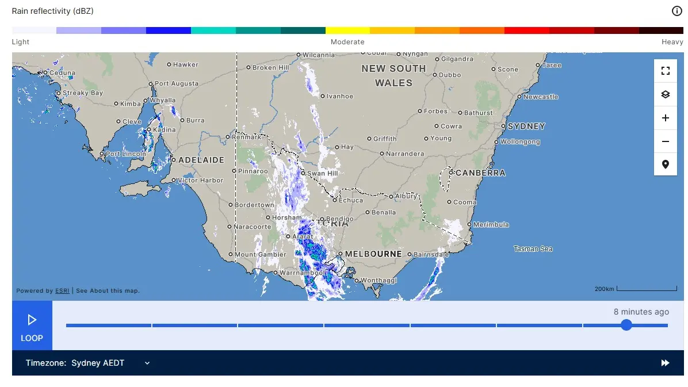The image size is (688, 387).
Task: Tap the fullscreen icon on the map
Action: point(666,71)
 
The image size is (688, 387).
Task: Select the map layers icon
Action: point(666,94)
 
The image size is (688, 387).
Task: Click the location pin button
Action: point(666,164)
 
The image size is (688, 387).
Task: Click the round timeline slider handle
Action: point(626,325)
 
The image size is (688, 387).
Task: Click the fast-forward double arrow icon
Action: point(665,363)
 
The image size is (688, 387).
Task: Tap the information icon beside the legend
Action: point(676,11)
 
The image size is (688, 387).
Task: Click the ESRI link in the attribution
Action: point(62,291)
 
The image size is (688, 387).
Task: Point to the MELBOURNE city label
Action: point(374,254)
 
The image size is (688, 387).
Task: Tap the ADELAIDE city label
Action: point(201,160)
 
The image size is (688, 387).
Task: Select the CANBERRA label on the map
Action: point(480,173)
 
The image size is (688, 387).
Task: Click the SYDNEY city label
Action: point(526,126)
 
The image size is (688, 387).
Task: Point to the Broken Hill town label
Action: point(270,68)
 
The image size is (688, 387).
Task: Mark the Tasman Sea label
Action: point(533,249)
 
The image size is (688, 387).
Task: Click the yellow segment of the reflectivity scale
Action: point(347,30)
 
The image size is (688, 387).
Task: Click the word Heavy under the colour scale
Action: point(672,42)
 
